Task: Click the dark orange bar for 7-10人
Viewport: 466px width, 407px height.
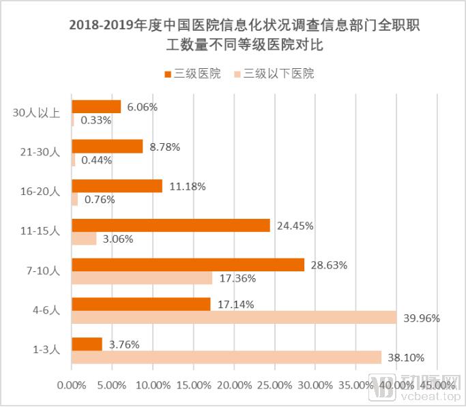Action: pos(188,265)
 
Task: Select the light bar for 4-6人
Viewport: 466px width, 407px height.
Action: pos(234,318)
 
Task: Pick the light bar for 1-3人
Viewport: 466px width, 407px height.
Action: pos(227,357)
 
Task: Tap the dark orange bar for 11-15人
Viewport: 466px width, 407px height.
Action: pos(171,225)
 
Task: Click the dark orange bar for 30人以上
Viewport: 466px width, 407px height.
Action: pos(96,106)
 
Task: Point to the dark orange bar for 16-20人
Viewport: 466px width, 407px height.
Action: pos(117,185)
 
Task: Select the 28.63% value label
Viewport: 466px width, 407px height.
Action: pos(329,265)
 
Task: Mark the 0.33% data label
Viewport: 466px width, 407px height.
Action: pos(96,120)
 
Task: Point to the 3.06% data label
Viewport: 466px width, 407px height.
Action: pos(117,239)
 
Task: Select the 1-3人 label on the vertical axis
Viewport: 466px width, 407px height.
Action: pos(47,350)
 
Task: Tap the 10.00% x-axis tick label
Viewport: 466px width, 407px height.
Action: pos(152,385)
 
